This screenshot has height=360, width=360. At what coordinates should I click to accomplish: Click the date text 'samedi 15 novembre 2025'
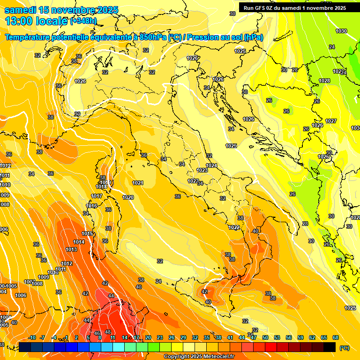pos(61,10)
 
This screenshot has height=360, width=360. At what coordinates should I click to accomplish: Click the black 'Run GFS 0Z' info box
pos(295,7)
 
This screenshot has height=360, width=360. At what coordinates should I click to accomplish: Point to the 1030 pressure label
pos(341,31)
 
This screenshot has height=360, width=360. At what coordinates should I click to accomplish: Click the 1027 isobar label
pos(331,121)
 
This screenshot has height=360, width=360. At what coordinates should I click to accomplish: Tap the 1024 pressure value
pos(211,165)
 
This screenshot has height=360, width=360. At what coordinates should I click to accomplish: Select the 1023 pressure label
pos(202,171)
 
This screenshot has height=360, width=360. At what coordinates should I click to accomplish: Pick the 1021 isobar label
pos(138,183)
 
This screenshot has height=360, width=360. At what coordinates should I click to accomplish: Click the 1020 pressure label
pos(128,197)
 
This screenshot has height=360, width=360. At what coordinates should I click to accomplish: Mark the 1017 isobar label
pos(97,196)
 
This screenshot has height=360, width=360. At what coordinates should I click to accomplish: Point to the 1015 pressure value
pos(87,233)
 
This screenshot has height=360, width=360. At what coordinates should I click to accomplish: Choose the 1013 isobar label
pos(71,249)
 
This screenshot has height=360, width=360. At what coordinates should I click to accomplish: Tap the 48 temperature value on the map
pos(107,332)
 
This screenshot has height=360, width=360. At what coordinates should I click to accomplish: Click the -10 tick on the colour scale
pos(32,337)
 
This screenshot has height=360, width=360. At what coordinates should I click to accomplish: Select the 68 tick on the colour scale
pos(336,337)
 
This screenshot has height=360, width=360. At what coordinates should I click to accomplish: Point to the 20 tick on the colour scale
pos(148,337)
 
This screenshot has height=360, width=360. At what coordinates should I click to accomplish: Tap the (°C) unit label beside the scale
pos(345,347)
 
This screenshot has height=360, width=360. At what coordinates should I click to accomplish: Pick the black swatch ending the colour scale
pos(330,347)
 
